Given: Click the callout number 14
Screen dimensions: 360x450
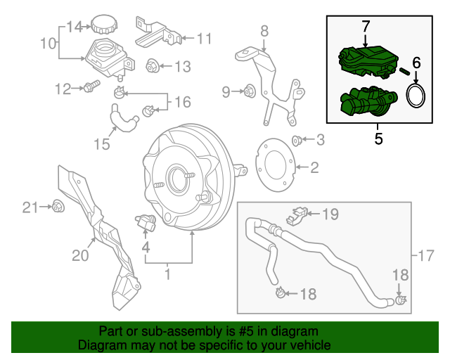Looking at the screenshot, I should coord(75,27).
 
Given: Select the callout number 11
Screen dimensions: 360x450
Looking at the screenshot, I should coord(204,38).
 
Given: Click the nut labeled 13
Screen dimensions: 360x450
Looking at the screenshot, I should coord(151,67).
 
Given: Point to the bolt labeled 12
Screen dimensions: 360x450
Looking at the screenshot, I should coord(90,88).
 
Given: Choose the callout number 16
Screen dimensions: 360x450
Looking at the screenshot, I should coord(182,103).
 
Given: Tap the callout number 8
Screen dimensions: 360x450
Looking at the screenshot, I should coord(264,30).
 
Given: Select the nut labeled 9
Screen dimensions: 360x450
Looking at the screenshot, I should coord(248,91).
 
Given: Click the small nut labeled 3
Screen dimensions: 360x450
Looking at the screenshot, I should coord(297,140).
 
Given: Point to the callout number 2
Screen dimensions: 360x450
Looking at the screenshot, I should coord(314,167).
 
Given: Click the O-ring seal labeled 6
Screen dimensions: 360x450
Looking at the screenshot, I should coord(417,96).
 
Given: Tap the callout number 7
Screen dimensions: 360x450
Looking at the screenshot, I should coord(365,26).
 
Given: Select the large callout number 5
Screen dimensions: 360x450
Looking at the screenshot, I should coord(378,139).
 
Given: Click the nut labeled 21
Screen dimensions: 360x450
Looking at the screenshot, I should coord(58,206).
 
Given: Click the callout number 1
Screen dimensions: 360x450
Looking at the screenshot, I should coord(167,272).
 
